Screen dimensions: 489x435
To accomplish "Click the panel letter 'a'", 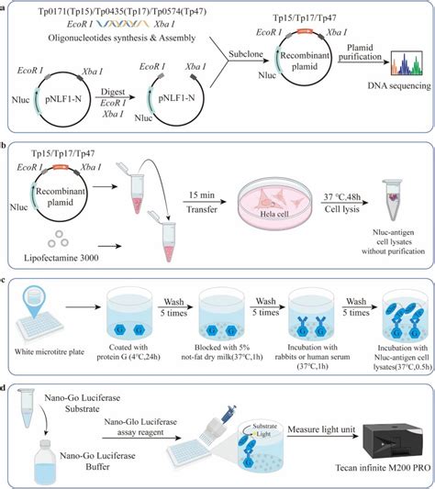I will (6, 6).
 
